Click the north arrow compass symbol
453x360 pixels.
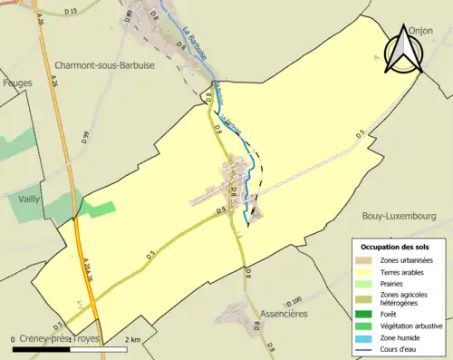[x=402, y=53]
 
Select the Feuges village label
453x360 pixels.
[x=18, y=83]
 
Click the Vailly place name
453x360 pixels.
[x=28, y=197]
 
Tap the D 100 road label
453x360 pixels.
[x=294, y=300]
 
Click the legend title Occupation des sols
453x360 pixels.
[x=396, y=247]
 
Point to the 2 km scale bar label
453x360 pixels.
[x=133, y=339]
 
